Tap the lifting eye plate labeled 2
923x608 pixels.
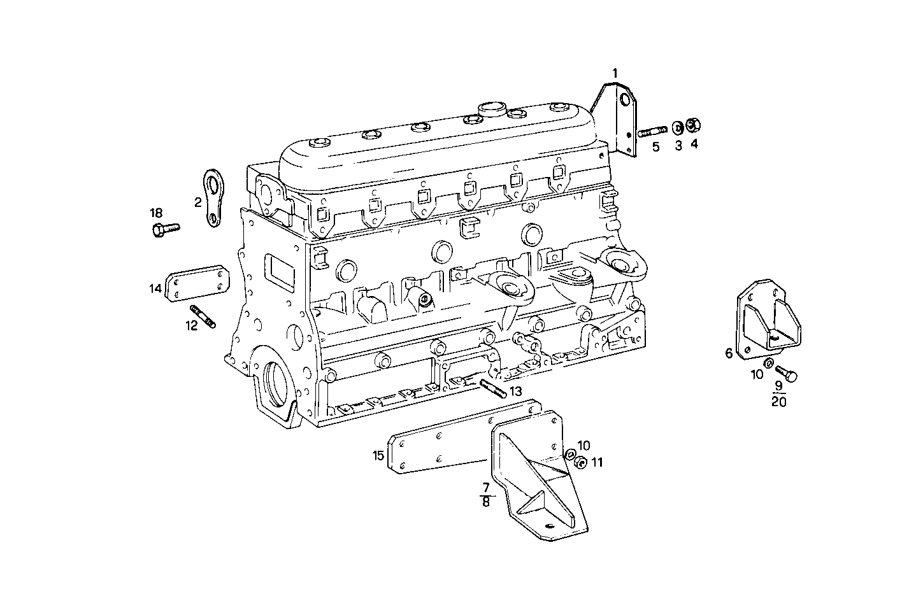[x=213, y=197]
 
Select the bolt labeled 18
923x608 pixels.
[x=166, y=229]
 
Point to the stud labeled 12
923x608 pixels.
[x=203, y=317]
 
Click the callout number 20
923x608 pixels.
[x=778, y=402]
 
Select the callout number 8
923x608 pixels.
[x=486, y=502]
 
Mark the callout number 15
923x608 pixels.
[x=378, y=455]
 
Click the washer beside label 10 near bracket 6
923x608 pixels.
[x=769, y=363]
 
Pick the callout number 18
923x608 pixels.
[x=156, y=213]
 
